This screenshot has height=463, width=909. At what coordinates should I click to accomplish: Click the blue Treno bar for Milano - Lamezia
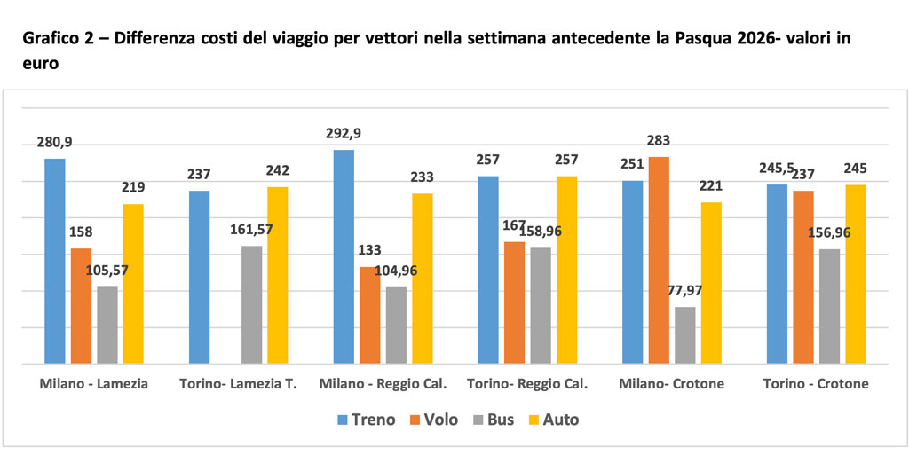click(55, 261)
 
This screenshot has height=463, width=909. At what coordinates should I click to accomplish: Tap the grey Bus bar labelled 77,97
click(684, 335)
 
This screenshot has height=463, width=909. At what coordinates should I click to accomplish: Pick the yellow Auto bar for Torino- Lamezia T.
click(277, 275)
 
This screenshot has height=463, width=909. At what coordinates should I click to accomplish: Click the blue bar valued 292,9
click(343, 256)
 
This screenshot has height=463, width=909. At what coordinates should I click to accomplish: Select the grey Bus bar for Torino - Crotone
click(829, 306)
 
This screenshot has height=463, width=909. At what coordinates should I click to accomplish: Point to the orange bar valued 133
click(369, 315)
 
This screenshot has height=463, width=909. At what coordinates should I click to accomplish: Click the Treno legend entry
click(365, 420)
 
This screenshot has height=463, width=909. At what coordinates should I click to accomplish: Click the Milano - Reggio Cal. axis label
click(382, 384)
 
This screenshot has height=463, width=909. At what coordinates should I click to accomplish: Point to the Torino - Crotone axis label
click(816, 384)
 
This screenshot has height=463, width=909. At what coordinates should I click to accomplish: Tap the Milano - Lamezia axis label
click(93, 384)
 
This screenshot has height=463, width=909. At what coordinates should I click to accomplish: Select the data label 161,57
click(252, 230)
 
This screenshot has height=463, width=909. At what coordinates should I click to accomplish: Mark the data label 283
click(659, 140)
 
